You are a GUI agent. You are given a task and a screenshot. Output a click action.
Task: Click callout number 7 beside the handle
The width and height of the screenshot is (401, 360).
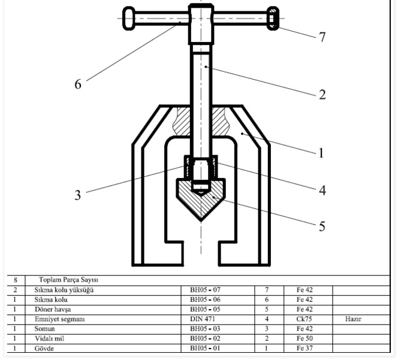322,37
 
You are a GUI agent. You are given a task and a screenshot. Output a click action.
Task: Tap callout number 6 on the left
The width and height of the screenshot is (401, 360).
78,84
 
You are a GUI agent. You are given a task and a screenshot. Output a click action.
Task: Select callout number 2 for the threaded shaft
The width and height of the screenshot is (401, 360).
322,95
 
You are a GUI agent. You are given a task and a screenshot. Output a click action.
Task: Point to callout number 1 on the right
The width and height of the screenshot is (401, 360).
321,153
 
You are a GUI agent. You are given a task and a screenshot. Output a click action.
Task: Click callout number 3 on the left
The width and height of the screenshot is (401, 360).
78,195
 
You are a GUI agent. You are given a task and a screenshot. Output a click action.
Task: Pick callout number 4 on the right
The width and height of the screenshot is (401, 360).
322,190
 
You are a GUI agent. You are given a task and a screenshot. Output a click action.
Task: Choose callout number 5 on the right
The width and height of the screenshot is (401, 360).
322,226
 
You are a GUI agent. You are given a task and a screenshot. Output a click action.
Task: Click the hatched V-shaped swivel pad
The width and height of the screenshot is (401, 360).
201,199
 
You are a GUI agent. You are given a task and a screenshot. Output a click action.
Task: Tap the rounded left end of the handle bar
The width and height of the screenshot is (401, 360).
129,19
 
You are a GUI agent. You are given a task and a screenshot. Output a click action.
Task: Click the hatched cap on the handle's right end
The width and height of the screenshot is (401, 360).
273,19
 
